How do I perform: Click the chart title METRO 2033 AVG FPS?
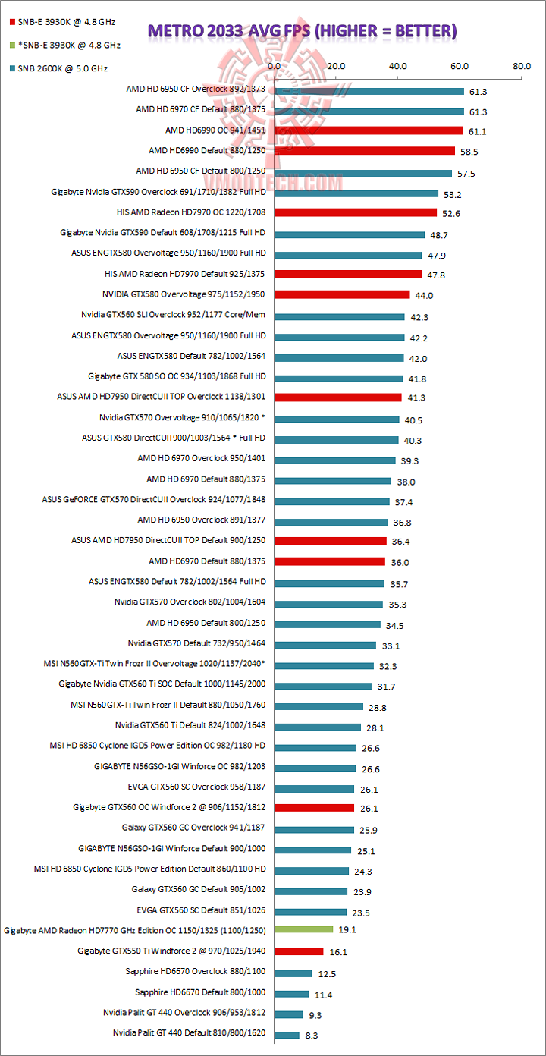click(x=302, y=30)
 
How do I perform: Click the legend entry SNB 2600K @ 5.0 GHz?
click(x=60, y=68)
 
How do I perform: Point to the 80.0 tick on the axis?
click(x=522, y=67)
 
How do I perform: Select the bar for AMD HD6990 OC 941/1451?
click(x=369, y=130)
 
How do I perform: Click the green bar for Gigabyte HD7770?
click(x=303, y=929)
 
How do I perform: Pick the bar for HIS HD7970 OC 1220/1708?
click(x=356, y=212)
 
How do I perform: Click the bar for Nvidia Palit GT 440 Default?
click(x=287, y=1033)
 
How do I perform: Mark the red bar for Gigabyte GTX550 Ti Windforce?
click(x=299, y=951)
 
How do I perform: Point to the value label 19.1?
click(x=347, y=930)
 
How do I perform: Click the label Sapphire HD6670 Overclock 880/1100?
click(x=196, y=970)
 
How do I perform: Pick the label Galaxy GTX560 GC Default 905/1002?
click(x=199, y=888)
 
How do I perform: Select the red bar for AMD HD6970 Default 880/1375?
click(x=330, y=561)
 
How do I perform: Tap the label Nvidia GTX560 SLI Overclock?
click(x=174, y=314)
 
